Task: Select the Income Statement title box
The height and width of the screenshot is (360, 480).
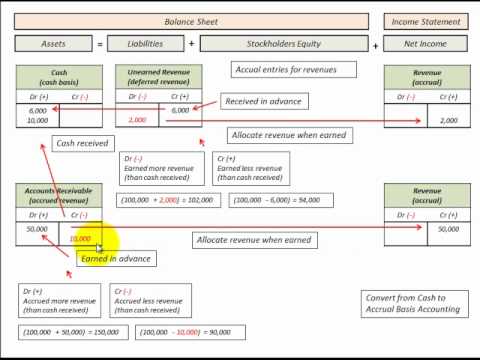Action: (426, 21)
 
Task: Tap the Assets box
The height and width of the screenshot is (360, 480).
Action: (53, 45)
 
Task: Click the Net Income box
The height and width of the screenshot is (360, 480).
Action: (426, 45)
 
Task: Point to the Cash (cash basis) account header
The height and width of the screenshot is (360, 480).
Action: (59, 78)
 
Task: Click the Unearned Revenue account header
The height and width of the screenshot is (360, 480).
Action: (159, 78)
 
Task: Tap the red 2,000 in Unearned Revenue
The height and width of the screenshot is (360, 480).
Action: (138, 120)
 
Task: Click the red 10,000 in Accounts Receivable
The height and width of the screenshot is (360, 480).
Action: (81, 239)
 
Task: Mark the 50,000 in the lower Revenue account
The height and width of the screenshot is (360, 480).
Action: (448, 229)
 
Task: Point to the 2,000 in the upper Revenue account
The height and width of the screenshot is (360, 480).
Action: (449, 120)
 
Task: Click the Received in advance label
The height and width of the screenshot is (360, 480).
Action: (264, 102)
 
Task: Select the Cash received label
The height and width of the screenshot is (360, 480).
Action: (82, 144)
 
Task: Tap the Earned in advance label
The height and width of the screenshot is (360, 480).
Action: (116, 259)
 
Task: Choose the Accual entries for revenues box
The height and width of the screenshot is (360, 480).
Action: (284, 70)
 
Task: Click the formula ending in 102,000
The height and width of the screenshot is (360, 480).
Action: (166, 200)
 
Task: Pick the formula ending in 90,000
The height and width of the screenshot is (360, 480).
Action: (180, 331)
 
